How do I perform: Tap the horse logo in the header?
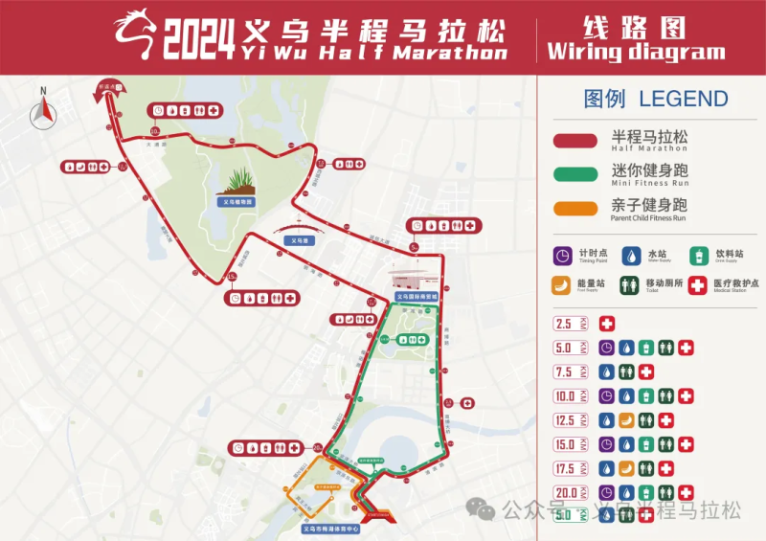tap(135, 34)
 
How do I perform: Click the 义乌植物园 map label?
tap(237, 202)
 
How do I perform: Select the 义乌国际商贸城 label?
tap(417, 296)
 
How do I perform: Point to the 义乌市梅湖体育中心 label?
tap(330, 528)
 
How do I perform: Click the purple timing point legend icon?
tap(563, 256)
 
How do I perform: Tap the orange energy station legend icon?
tap(563, 283)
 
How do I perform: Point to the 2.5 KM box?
tap(570, 325)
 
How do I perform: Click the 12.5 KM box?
tap(570, 420)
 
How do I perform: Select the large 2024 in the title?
tap(198, 38)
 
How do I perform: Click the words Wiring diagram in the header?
tap(636, 51)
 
